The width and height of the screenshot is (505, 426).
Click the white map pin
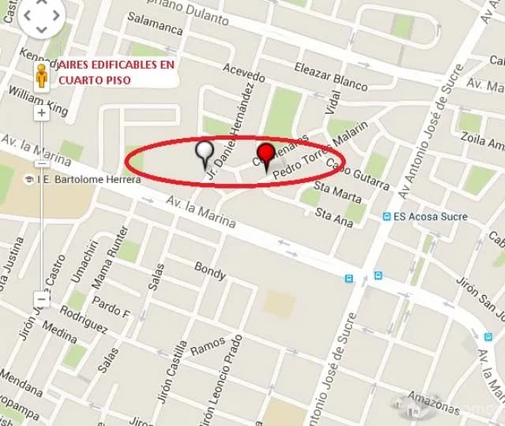coord(205,151)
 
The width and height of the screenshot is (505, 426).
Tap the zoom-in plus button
coord(41,112)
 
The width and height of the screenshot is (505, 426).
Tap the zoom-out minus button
coord(41,299)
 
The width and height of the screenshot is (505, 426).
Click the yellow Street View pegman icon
coord(42,77)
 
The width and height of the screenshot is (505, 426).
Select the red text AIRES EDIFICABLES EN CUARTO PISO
coord(116,73)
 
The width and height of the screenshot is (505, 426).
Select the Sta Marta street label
coord(338,191)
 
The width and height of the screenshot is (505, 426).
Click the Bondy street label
coord(210,270)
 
